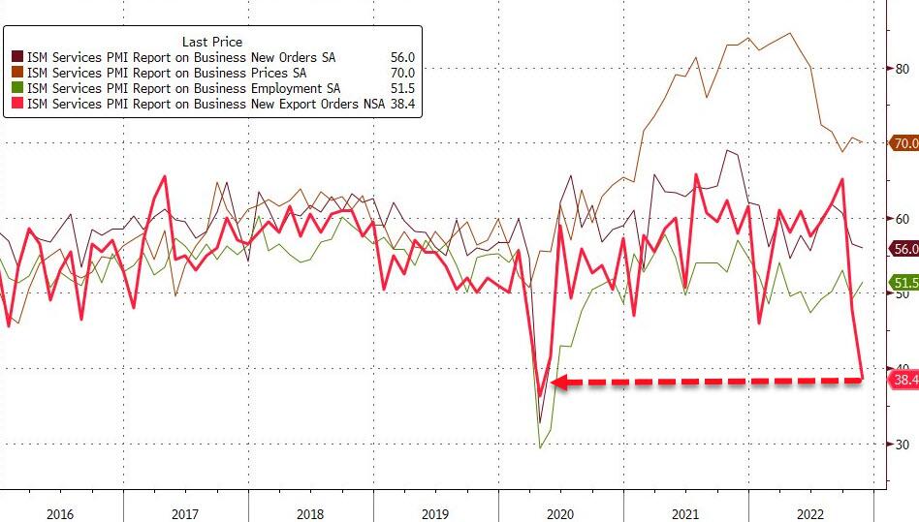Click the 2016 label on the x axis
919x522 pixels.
point(59,513)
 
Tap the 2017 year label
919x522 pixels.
point(185,513)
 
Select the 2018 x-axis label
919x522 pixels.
point(310,513)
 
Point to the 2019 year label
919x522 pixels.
point(435,513)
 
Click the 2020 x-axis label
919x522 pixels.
point(560,513)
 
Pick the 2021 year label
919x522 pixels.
point(685,513)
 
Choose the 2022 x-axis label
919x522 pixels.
point(810,513)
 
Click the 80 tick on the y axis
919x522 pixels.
point(903,68)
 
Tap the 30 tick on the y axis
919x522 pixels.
point(903,445)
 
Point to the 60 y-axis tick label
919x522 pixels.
point(903,219)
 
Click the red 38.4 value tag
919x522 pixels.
point(904,380)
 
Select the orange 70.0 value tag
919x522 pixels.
point(904,143)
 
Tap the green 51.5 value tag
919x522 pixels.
point(904,283)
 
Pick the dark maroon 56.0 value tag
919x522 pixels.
point(904,249)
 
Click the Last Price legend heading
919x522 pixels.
point(212,42)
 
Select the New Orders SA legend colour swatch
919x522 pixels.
point(17,58)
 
